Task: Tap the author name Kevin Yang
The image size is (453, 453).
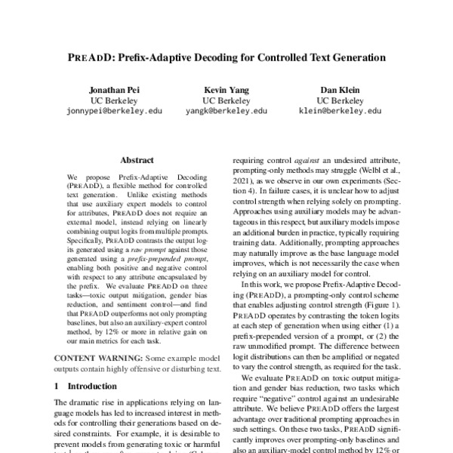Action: [226, 88]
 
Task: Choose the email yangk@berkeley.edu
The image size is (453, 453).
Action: [226, 110]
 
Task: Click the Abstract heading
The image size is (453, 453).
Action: [137, 160]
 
